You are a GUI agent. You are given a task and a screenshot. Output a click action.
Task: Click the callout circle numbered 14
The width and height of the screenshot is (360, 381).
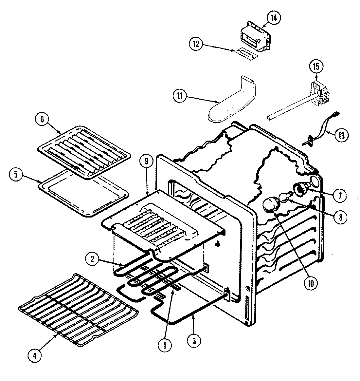click(273, 19)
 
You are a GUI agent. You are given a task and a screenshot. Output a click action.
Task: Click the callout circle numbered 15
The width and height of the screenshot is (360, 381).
click(316, 66)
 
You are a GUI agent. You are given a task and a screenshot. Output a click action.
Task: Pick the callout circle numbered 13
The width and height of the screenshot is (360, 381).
click(341, 135)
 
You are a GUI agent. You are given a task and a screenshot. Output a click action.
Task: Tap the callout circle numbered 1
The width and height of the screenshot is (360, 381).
click(165, 345)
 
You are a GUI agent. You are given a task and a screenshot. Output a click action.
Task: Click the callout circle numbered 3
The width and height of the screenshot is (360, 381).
click(194, 340)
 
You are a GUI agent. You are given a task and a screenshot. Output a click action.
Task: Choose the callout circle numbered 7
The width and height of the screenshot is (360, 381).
click(339, 196)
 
